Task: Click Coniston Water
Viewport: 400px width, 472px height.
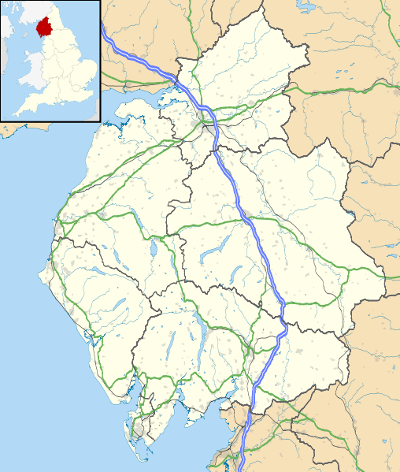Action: pyautogui.click(x=172, y=340)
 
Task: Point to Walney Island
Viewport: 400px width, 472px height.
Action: pyautogui.click(x=134, y=429)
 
